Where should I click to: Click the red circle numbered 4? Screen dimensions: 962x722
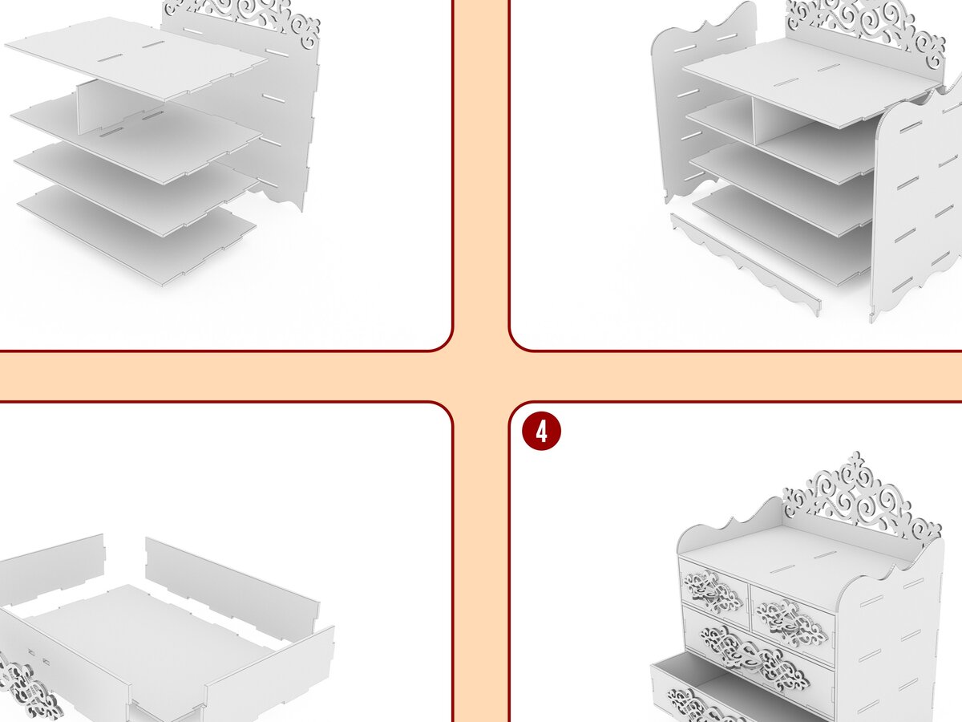coord(541,431)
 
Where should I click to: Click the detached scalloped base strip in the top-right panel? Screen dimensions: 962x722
coord(745,263)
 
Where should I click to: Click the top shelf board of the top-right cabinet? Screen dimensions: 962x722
coord(810,81)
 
